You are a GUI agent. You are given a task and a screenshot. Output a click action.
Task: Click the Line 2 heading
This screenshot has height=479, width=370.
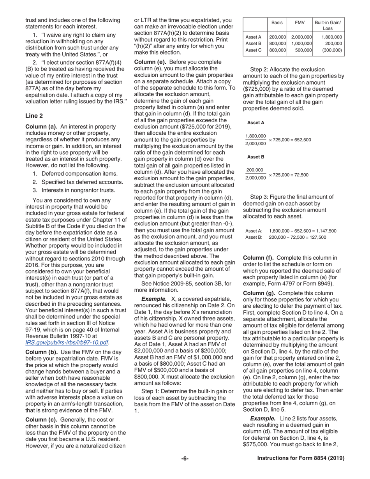click(x=34, y=116)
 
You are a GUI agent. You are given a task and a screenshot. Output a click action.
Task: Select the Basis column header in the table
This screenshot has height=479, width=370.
click(x=277, y=23)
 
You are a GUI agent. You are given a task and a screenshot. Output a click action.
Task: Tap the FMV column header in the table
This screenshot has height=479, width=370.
click(x=300, y=23)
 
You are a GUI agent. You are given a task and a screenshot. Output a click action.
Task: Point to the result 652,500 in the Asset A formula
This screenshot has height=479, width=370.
click(x=301, y=140)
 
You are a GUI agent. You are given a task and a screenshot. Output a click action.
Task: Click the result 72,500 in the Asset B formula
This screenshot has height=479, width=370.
click(x=300, y=175)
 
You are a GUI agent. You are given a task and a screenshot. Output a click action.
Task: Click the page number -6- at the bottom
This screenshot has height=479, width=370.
click(x=185, y=458)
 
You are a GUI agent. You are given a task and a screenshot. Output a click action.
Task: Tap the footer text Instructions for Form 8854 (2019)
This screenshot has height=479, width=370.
click(x=301, y=458)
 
